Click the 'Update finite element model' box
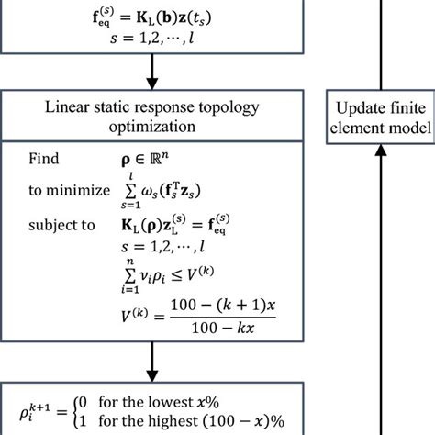point(379,117)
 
